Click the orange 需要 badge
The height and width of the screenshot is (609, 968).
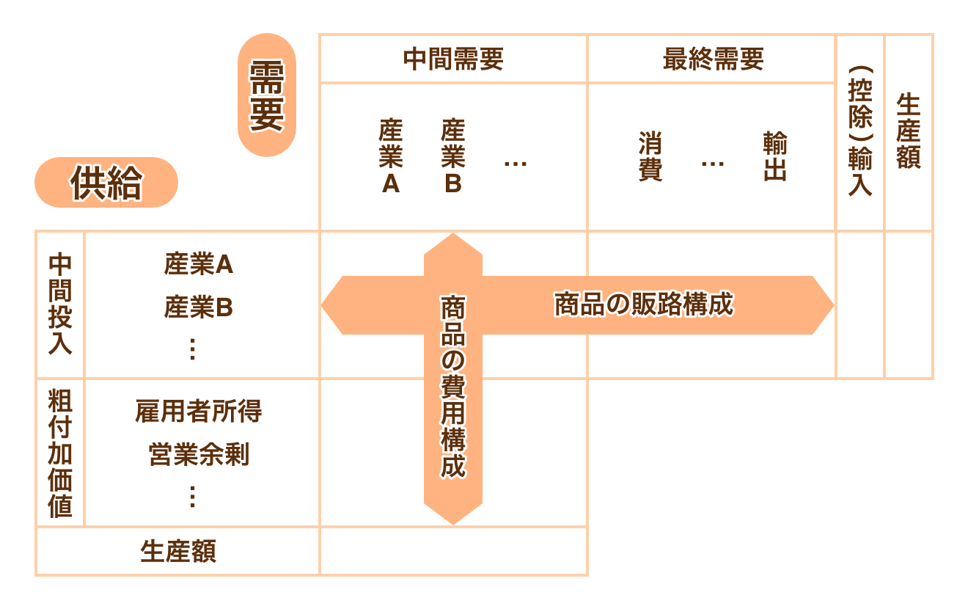pyautogui.click(x=266, y=95)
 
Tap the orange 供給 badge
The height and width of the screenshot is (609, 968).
pyautogui.click(x=106, y=183)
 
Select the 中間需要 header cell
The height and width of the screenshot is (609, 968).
pyautogui.click(x=453, y=59)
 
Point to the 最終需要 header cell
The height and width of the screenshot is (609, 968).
pyautogui.click(x=712, y=59)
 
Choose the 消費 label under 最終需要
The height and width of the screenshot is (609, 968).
pyautogui.click(x=650, y=156)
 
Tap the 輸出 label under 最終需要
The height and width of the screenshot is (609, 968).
pyautogui.click(x=775, y=156)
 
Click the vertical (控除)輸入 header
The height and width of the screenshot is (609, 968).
pyautogui.click(x=860, y=132)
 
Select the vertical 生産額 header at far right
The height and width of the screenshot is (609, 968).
pyautogui.click(x=909, y=132)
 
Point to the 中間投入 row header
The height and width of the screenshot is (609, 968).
pyautogui.click(x=60, y=304)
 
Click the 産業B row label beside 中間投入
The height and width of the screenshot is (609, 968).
pyautogui.click(x=198, y=308)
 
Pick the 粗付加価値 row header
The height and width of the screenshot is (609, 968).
pyautogui.click(x=60, y=453)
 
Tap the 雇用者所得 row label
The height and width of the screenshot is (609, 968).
pyautogui.click(x=198, y=412)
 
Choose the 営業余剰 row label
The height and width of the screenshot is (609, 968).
pyautogui.click(x=198, y=455)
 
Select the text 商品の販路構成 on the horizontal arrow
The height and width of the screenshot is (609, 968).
pyautogui.click(x=643, y=304)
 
